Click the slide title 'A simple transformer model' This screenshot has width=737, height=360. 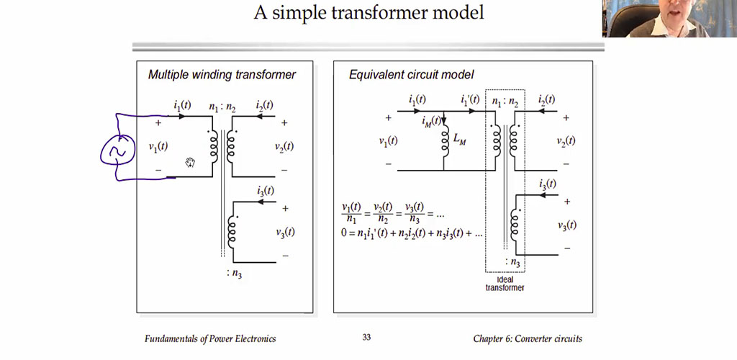(x=368, y=12)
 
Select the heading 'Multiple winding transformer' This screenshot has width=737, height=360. (x=222, y=74)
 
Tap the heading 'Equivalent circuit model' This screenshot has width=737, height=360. (x=411, y=74)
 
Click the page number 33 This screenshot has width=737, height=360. (x=366, y=338)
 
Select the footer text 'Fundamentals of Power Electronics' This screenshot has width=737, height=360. (x=210, y=338)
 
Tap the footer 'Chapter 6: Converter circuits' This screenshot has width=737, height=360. (x=528, y=338)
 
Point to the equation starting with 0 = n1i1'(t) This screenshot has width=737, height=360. (x=412, y=233)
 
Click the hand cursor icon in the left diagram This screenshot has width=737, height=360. (x=190, y=162)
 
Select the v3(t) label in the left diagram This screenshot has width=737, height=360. (x=284, y=232)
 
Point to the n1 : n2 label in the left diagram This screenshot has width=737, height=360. (x=223, y=108)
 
